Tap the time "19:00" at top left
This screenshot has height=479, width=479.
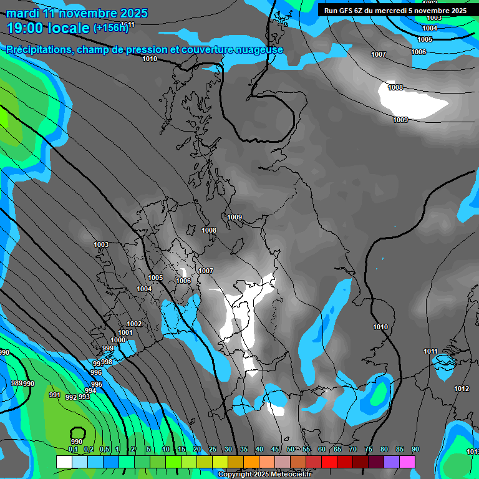tap(26, 28)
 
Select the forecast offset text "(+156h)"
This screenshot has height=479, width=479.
tap(110, 28)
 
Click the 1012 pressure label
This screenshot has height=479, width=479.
tap(462, 389)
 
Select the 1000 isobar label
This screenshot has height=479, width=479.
tap(118, 340)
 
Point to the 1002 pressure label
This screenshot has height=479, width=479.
tap(134, 324)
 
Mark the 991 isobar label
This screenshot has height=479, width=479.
tap(55, 395)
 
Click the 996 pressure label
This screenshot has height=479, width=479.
tap(96, 372)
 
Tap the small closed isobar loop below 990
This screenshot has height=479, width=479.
tap(78, 432)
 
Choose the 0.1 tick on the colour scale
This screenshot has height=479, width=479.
tap(73, 450)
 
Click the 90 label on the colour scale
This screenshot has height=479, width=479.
tap(415, 450)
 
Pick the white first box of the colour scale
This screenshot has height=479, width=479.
tap(64, 462)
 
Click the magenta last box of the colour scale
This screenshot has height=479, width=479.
tap(407, 462)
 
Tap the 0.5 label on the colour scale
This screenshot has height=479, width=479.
tap(104, 450)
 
